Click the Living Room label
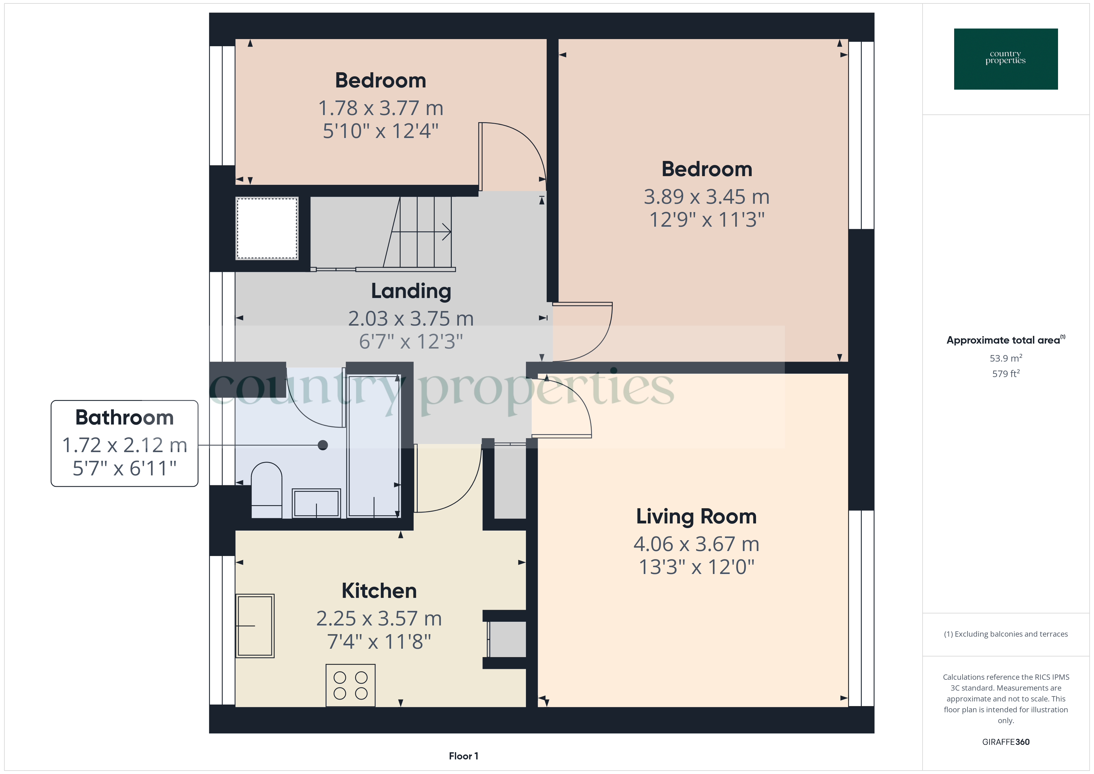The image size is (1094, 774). point(696,517)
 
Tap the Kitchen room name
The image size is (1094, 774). point(379,591)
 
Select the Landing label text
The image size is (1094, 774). point(411,291)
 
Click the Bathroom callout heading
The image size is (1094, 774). point(124,417)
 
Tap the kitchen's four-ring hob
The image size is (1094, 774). point(350,685)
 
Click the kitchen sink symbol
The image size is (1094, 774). point(255,625)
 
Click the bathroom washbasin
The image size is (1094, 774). point(316,503)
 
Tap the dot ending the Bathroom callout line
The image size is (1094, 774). point(322,445)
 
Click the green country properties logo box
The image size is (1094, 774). point(1005,59)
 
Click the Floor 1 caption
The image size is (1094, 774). point(463,756)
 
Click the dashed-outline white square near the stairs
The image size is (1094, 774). point(267,228)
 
